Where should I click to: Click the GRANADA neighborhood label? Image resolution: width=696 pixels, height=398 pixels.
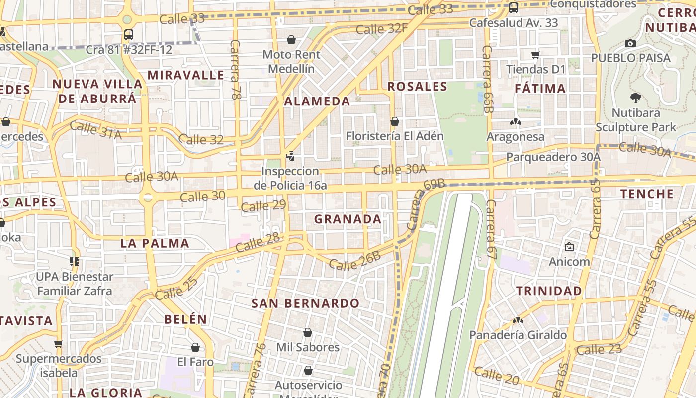point(348,219)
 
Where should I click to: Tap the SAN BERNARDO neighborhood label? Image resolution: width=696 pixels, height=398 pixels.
point(305,303)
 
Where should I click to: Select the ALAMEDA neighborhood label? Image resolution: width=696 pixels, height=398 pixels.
point(317,101)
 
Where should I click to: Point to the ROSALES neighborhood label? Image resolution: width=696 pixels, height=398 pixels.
point(417,87)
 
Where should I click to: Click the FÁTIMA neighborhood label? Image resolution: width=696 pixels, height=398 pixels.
point(540,89)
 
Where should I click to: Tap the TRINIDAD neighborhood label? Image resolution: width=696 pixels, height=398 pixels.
point(549,291)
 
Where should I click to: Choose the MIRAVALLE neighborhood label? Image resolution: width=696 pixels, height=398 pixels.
point(186,75)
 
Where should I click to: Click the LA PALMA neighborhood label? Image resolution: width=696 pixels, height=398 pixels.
point(155,243)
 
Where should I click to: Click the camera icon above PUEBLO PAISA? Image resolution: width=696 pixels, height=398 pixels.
point(630,44)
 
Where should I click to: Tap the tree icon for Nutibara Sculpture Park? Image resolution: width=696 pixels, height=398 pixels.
point(635,98)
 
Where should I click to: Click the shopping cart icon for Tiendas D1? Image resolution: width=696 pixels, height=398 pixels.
point(535,55)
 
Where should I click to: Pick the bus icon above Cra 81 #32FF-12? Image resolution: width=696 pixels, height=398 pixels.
point(128,35)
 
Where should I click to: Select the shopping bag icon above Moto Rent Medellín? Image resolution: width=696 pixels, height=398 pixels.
point(291,40)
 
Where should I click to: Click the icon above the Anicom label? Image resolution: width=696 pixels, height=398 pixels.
point(569,247)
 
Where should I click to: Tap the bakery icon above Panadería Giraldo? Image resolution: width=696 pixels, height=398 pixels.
point(518,321)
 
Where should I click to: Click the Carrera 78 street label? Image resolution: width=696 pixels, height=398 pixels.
point(236,70)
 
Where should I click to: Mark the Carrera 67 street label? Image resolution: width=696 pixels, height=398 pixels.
point(492,229)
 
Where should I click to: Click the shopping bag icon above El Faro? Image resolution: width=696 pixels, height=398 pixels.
point(195,347)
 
